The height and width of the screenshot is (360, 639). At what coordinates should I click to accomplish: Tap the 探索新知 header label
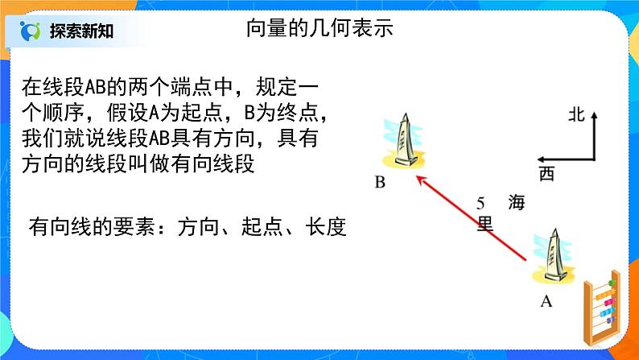(x=81, y=31)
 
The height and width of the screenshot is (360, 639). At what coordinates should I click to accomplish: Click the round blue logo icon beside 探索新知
(x=31, y=31)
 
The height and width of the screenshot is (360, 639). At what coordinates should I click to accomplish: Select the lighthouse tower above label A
(x=553, y=255)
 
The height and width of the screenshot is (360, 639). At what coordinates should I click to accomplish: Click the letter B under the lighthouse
(x=380, y=183)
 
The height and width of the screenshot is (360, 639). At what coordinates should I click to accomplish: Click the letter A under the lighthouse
(x=546, y=302)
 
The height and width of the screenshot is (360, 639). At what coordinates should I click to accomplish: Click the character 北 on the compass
(x=574, y=114)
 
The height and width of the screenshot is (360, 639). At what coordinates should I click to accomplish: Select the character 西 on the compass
(x=547, y=173)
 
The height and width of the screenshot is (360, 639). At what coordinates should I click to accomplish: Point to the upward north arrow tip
(x=594, y=115)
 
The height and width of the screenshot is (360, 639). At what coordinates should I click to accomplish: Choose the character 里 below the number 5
(x=484, y=224)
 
